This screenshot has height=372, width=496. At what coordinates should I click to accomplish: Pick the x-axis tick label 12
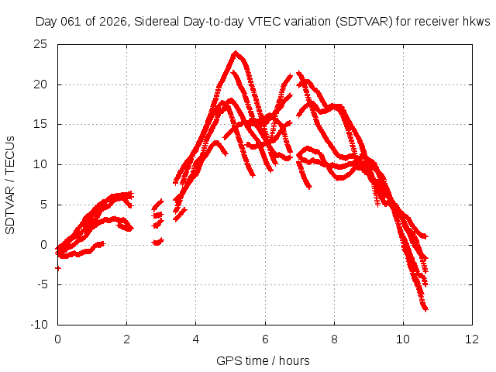472,339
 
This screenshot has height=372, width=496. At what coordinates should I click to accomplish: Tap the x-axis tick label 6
265,339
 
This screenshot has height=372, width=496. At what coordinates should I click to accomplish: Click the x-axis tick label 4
196,339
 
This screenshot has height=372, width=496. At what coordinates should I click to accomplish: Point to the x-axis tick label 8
334,339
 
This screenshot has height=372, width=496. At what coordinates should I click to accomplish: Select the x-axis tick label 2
126,339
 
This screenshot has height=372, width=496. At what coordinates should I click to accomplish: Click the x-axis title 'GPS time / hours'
264,360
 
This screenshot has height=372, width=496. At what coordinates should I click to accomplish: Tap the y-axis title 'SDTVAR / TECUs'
11,184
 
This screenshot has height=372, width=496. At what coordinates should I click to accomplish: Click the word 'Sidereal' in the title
153,22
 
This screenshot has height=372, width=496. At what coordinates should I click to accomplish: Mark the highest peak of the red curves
236,53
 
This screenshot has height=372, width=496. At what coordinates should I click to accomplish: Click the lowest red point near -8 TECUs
425,308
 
